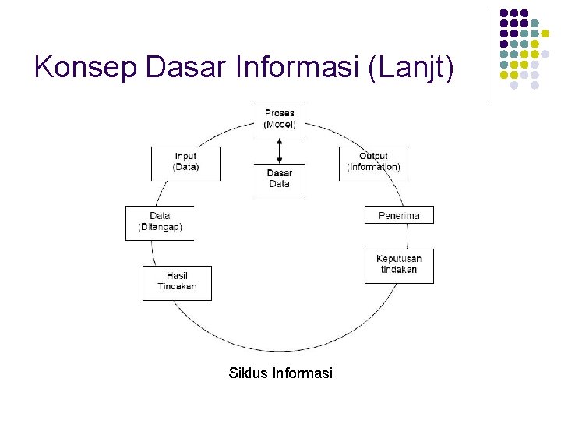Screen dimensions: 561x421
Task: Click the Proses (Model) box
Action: tap(280, 119)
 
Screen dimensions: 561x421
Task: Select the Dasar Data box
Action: tap(280, 179)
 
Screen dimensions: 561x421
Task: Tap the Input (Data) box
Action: tap(185, 162)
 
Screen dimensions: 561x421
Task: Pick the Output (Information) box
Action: tap(373, 162)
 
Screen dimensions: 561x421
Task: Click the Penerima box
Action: tap(399, 215)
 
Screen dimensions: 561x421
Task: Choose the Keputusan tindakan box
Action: tap(399, 265)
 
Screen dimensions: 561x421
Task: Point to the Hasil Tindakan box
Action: tap(177, 281)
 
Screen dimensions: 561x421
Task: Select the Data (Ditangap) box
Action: tap(160, 222)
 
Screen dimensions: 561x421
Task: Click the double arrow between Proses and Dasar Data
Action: tap(280, 150)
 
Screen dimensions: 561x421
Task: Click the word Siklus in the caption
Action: tap(249, 373)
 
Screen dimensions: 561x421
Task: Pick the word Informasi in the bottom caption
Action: tap(302, 373)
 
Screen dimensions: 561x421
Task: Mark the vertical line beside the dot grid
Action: tap(489, 56)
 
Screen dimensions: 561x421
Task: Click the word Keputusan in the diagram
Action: tap(399, 259)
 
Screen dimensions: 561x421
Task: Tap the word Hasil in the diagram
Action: tap(177, 275)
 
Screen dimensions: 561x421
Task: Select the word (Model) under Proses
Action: tap(280, 125)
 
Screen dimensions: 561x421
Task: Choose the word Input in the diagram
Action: tap(185, 157)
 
